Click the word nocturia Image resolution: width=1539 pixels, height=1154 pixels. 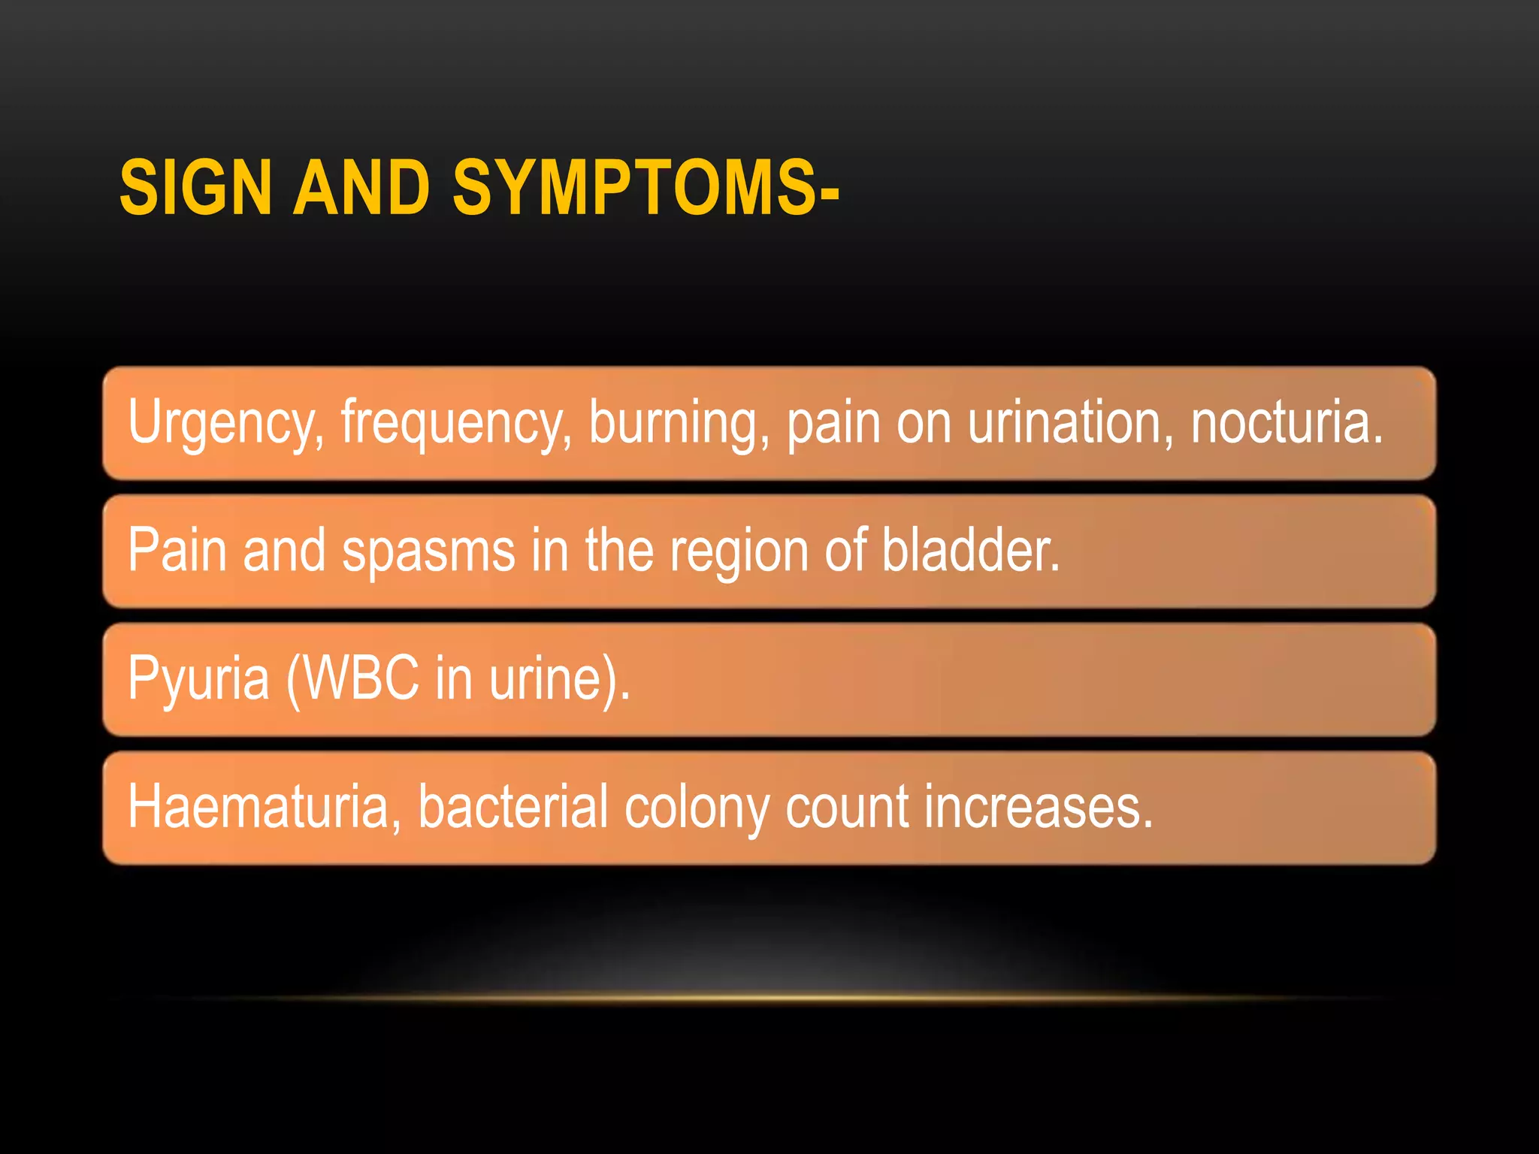pos(1286,423)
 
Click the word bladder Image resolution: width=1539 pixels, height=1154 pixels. pos(969,551)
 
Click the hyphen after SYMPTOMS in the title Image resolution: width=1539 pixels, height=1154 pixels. pos(830,194)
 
